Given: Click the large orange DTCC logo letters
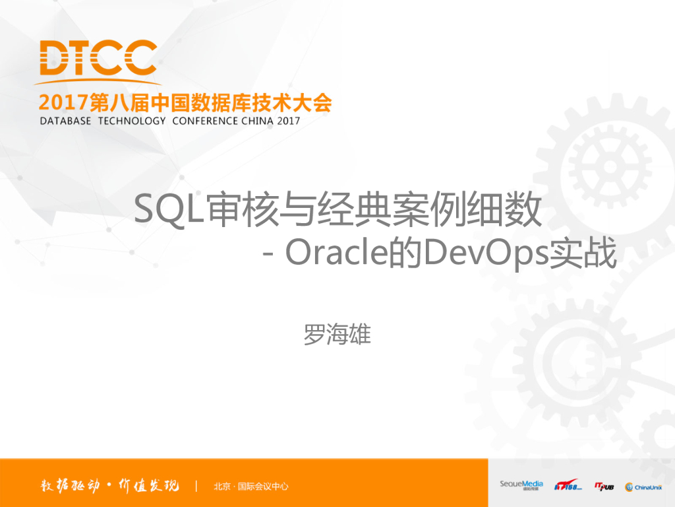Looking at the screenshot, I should [98, 57].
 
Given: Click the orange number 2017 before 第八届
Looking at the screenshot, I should [63, 102].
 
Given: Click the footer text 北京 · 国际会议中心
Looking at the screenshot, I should [251, 487].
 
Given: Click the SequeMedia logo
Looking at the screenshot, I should [521, 485].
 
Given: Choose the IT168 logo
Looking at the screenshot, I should [568, 486].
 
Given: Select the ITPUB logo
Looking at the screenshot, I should [603, 487].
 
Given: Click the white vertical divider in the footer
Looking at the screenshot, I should [196, 487].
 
